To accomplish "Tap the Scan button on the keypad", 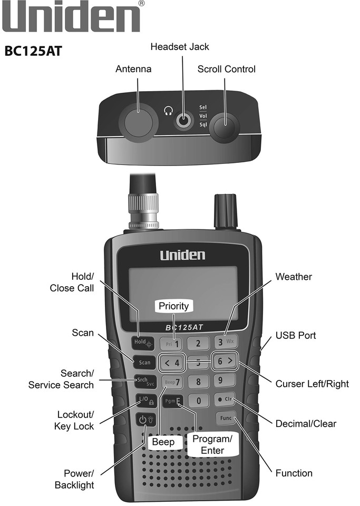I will click(144, 363).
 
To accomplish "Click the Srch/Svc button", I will click(144, 381).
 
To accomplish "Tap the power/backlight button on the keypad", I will click(144, 420).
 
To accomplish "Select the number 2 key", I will click(198, 344).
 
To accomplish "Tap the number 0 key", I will click(198, 401).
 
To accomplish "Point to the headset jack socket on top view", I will click(183, 121).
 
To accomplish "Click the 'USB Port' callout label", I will click(295, 336).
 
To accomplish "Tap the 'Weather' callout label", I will click(294, 277).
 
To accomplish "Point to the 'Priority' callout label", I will click(173, 306).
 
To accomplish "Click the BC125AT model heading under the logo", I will click(34, 53).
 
